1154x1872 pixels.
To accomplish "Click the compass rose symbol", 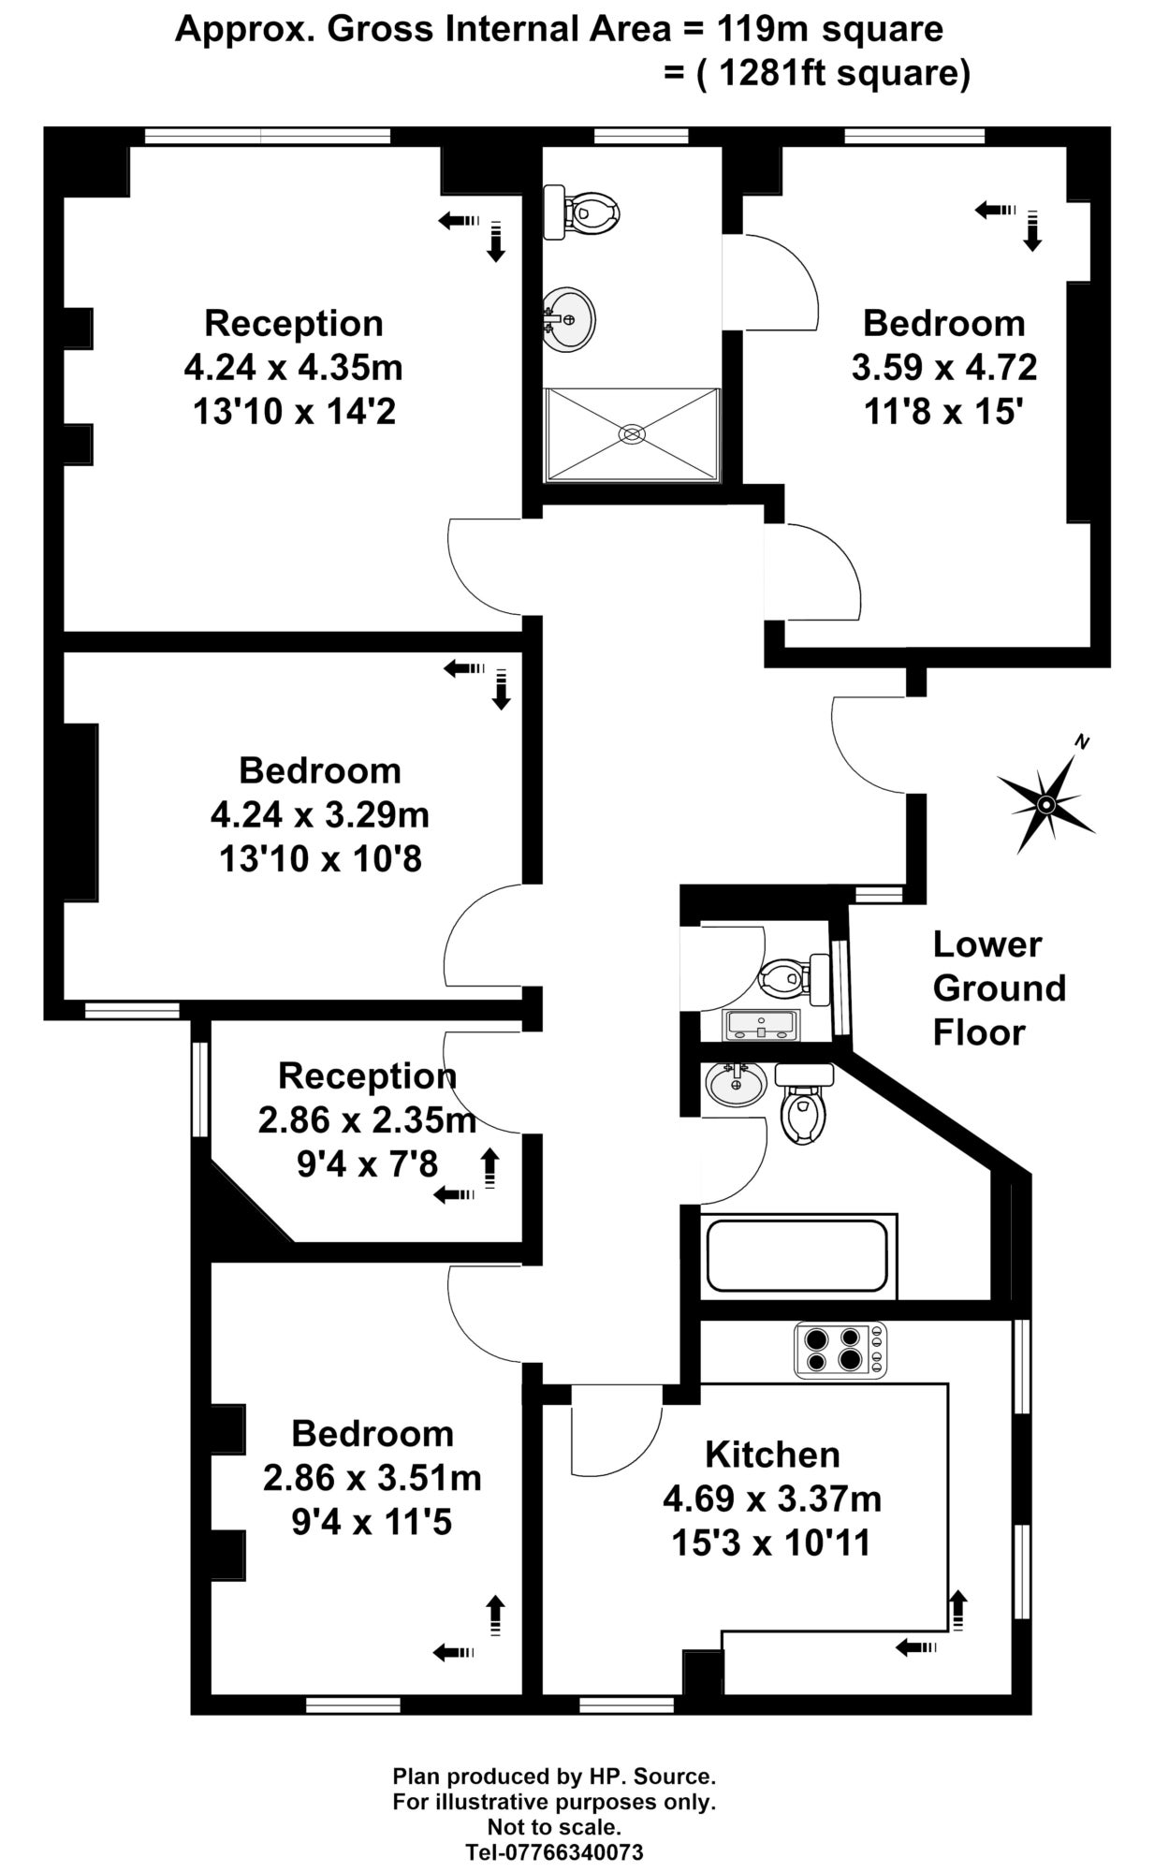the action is [1046, 803].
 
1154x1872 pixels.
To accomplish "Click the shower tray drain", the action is [633, 433].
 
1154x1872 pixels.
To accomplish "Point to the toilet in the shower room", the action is [581, 212].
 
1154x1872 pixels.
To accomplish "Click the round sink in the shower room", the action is [567, 318].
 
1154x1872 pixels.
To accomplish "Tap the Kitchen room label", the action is [772, 1455].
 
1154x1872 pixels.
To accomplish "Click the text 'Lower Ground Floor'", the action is [999, 987].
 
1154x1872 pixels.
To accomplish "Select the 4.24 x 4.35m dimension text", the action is [293, 367].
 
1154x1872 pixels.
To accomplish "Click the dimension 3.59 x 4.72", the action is [943, 367].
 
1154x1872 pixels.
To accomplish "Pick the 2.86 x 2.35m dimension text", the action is [367, 1119].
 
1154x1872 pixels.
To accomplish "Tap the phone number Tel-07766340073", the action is [555, 1851].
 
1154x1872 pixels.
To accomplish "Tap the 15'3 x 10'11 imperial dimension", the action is [771, 1543].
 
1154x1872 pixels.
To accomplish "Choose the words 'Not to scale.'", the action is [553, 1826].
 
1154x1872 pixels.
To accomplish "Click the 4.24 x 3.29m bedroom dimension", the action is [319, 814].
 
